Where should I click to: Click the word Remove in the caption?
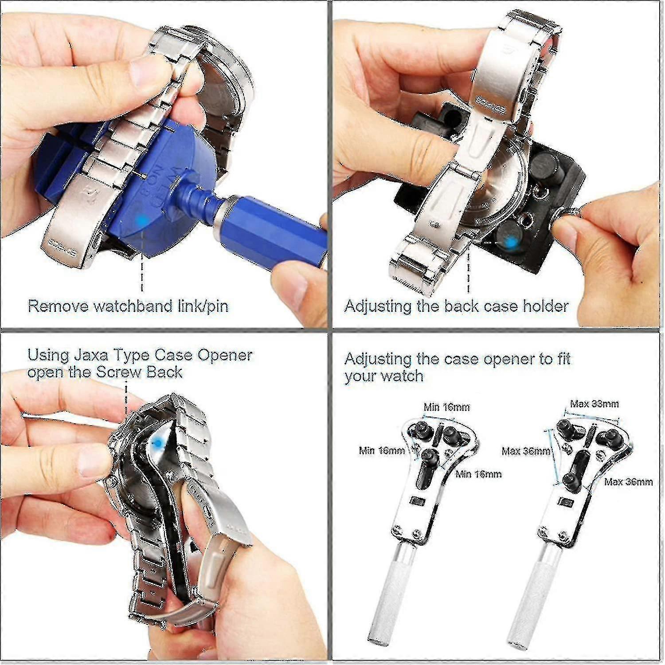58,306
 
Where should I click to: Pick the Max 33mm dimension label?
594,404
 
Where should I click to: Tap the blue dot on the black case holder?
511,242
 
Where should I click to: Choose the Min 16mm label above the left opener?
446,407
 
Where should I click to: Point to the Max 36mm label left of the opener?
526,451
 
